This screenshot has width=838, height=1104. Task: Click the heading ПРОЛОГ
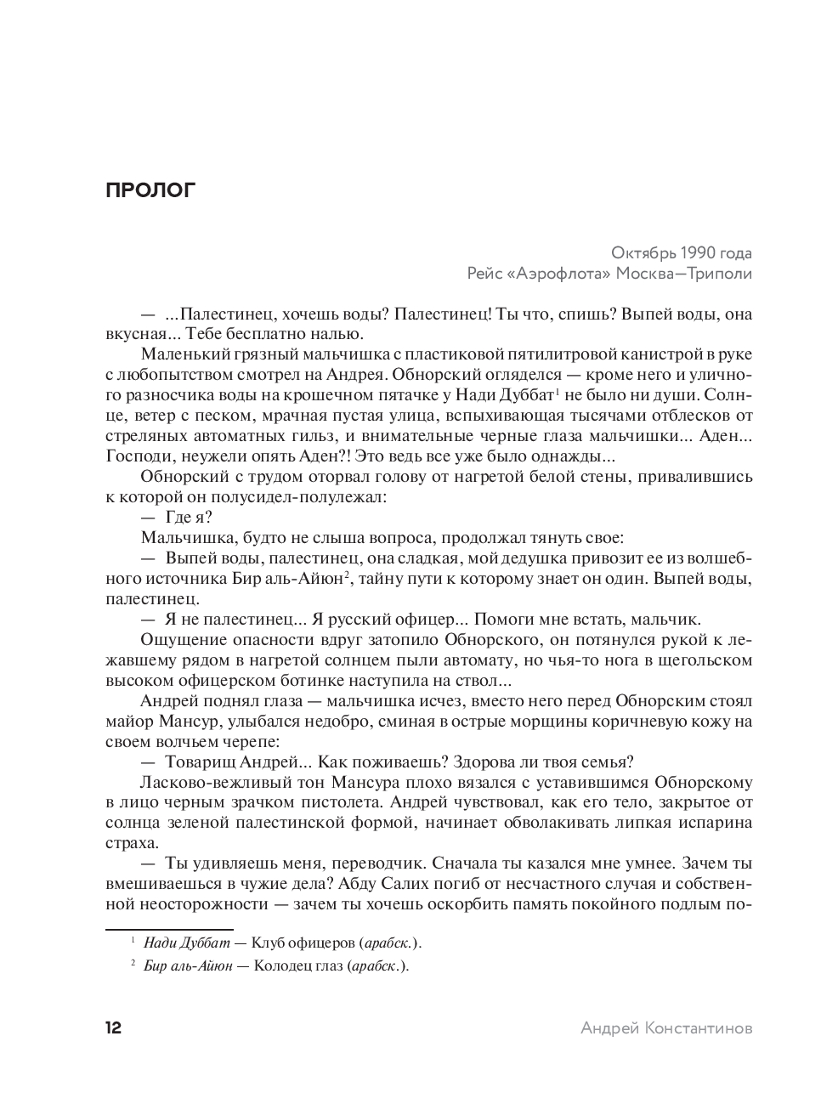150,190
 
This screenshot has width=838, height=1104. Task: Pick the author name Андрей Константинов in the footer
666,1028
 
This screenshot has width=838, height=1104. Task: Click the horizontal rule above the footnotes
168,929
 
